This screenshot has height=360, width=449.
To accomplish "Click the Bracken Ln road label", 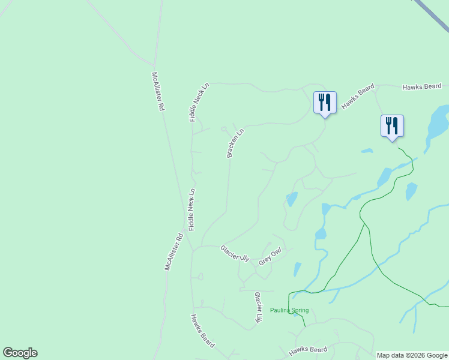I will [236, 143].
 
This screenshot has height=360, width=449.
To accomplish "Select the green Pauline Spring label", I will [289, 310].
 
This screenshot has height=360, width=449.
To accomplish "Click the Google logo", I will [20, 353].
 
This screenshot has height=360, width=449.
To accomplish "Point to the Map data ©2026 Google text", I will [412, 355].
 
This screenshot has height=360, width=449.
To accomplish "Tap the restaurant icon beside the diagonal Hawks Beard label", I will [325, 103].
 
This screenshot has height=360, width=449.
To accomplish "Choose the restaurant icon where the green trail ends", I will [392, 126].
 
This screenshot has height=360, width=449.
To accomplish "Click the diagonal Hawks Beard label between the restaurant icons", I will [358, 97].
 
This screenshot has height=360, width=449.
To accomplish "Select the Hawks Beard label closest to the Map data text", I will [308, 350].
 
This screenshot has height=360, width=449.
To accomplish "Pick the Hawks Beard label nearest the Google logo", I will [202, 327].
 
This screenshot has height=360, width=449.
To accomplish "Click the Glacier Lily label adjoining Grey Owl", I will [235, 253].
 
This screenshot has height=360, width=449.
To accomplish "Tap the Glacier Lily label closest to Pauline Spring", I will [258, 308].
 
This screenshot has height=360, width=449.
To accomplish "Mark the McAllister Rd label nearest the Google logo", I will [173, 252].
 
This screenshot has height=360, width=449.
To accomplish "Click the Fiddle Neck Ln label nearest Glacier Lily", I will [192, 209].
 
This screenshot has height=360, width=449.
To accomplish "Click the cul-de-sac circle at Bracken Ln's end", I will [224, 128].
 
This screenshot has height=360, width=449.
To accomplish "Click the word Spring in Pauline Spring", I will [300, 310].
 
